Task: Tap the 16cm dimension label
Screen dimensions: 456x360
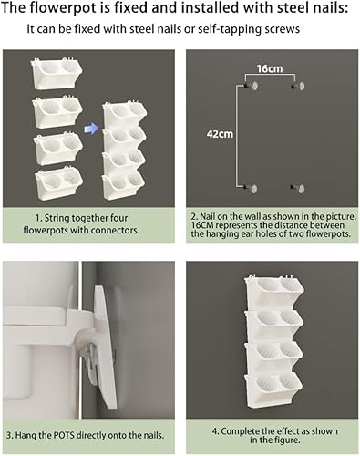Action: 271,69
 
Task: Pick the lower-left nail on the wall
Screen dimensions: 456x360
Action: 253,189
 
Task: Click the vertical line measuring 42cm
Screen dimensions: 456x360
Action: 239,137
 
